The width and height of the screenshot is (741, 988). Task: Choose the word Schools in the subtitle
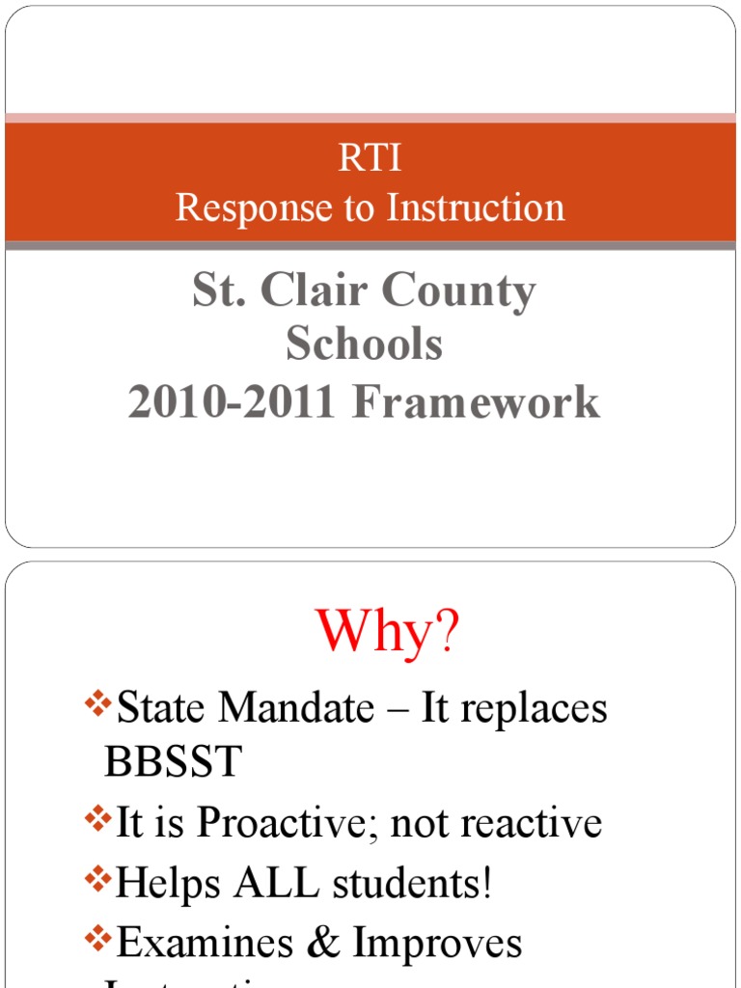[x=364, y=345]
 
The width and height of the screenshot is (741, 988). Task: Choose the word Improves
[x=437, y=944]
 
